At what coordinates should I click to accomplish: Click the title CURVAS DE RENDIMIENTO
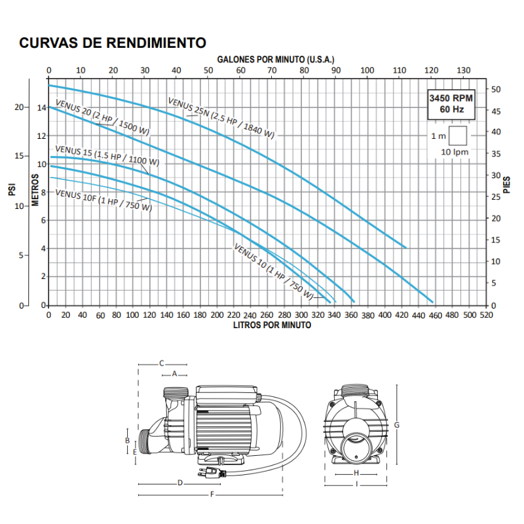click(113, 43)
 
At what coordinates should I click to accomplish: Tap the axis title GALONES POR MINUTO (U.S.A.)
click(276, 60)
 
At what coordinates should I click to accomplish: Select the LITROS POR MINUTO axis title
click(272, 325)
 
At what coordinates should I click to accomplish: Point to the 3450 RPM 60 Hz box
click(451, 104)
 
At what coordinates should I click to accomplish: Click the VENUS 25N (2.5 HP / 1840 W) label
click(221, 118)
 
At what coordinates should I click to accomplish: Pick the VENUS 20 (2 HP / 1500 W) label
click(103, 117)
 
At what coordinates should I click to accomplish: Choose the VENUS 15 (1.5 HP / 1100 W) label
click(107, 155)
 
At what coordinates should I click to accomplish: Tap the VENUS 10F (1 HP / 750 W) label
click(103, 200)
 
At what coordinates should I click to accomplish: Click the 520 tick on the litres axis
click(486, 315)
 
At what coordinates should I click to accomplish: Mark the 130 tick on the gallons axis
click(463, 70)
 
